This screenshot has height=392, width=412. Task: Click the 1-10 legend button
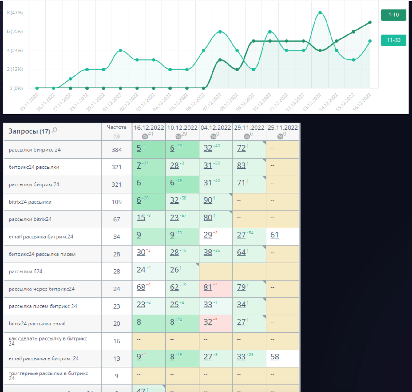394,15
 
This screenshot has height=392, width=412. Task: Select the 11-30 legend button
394,40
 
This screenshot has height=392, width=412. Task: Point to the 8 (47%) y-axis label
15,13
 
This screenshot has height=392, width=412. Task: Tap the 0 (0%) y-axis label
16,88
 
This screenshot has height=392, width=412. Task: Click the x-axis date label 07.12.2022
212,102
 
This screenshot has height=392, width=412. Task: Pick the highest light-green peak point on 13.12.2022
320,13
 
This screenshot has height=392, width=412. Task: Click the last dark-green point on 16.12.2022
370,22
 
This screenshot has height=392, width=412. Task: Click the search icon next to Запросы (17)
55,130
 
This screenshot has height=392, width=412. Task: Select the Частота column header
117,127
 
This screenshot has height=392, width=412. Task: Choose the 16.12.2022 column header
149,127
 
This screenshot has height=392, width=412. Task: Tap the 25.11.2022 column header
283,127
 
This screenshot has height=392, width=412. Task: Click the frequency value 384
117,150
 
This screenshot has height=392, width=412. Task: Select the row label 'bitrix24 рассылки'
30,202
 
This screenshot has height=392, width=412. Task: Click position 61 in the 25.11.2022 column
275,235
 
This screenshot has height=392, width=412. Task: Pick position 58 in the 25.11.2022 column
275,357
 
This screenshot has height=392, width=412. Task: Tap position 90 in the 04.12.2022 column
208,200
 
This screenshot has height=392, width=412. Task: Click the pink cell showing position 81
208,287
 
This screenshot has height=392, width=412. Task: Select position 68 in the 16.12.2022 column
141,287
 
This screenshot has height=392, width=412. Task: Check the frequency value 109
117,202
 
